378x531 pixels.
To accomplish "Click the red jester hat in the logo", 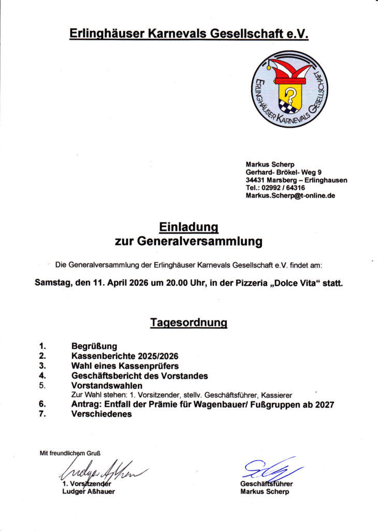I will [289, 72].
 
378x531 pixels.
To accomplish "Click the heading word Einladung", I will [188, 227].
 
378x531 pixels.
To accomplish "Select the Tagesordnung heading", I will [188, 323].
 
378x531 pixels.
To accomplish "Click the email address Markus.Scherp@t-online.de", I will [290, 195].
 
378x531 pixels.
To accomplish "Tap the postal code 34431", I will [256, 180].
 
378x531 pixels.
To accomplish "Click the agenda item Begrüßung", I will [94, 346].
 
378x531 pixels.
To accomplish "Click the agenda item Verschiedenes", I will [101, 414].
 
